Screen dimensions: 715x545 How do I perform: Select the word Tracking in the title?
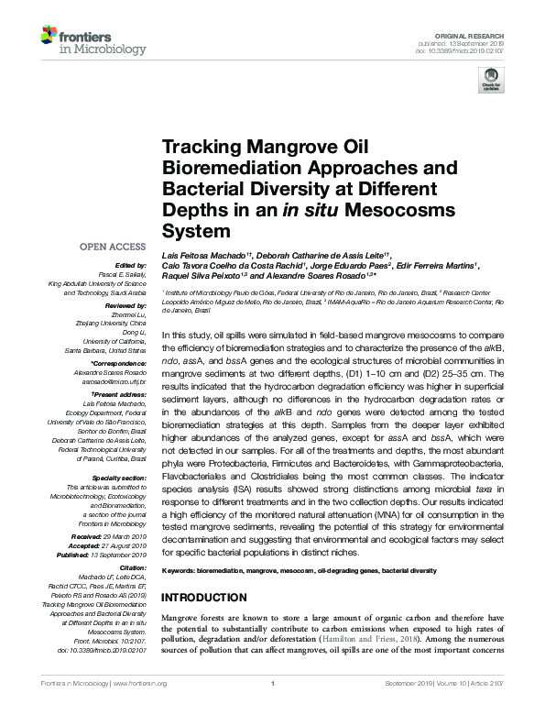point(201,148)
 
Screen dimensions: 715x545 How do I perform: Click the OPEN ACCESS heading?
point(113,247)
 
